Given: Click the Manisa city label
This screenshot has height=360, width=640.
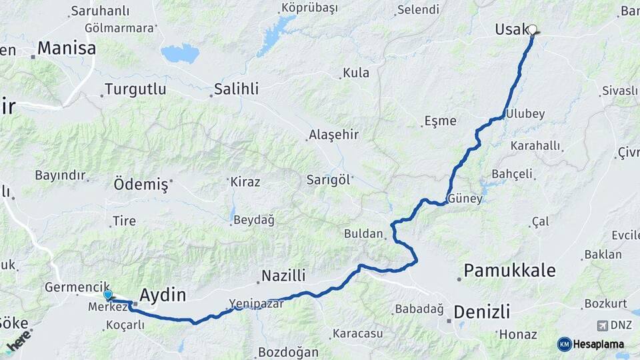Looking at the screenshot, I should tap(66, 48).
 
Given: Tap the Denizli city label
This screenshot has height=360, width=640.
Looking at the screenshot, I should tap(482, 311).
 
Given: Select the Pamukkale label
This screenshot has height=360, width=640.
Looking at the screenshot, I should tap(510, 270).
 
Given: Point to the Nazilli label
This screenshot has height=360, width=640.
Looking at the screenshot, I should tap(283, 275).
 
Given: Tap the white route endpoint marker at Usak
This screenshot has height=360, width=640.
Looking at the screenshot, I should tap(532, 29).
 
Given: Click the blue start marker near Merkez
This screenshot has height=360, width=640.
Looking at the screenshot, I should tap(107, 295).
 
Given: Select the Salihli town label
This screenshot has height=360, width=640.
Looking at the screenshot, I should tap(236, 89).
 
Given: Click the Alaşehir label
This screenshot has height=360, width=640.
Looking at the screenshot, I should tap(333, 135).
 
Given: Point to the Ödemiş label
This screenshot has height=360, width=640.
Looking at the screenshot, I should tap(141, 185).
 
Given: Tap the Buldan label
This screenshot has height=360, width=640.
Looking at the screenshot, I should tap(364, 234).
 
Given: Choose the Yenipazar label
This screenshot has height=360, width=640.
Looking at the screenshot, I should tap(257, 303).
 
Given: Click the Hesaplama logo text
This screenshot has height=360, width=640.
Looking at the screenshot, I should tap(599, 344).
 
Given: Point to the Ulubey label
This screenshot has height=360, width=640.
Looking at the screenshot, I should tap(525, 114).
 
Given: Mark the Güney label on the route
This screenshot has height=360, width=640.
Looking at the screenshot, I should tap(465, 199).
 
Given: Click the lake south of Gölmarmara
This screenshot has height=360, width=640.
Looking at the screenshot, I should tap(180, 53).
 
